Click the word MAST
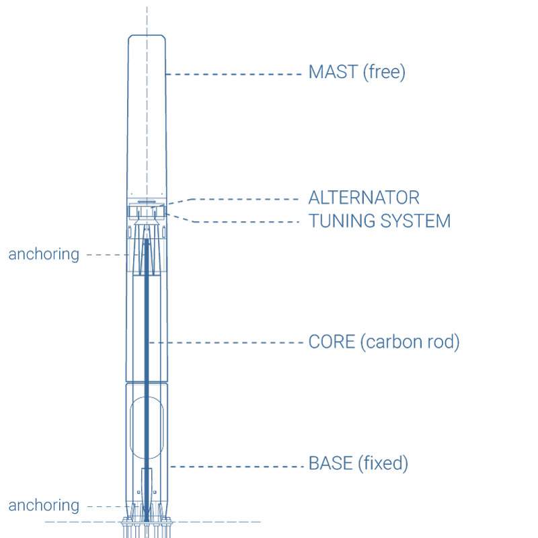point(333,73)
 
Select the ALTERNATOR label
point(364,198)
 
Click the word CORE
point(331,342)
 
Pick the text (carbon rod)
point(409,342)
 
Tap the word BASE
point(332,463)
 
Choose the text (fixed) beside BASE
point(383,463)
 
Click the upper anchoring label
point(44,254)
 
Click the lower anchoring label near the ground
point(44,504)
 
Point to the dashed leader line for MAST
point(235,73)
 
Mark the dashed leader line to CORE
point(229,342)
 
